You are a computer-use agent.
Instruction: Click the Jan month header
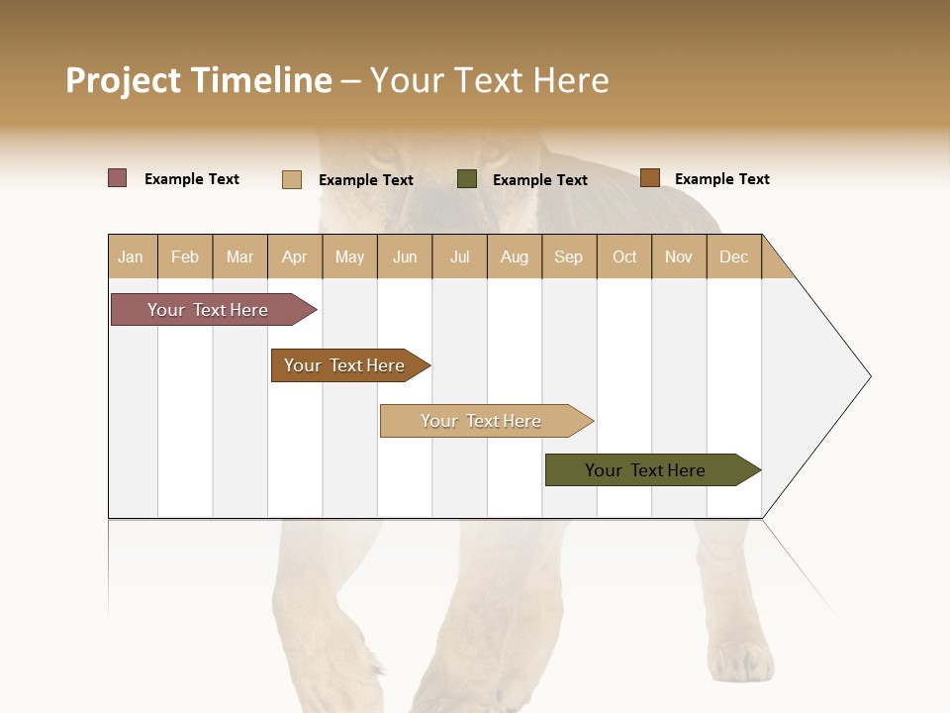131,256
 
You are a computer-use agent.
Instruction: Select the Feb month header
185,256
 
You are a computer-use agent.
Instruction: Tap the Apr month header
294,256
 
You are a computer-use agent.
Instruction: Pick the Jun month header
405,256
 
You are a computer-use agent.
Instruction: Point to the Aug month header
514,256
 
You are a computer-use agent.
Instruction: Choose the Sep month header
568,256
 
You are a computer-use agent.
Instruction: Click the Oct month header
624,256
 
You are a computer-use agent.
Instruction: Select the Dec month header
733,256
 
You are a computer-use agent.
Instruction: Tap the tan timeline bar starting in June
483,421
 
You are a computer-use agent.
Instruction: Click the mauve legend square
118,178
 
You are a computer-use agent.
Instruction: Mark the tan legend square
292,179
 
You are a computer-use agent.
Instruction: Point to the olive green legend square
467,179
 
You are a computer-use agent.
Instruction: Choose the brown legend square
649,178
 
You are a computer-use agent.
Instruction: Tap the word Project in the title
124,80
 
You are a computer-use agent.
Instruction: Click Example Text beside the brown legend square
721,179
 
